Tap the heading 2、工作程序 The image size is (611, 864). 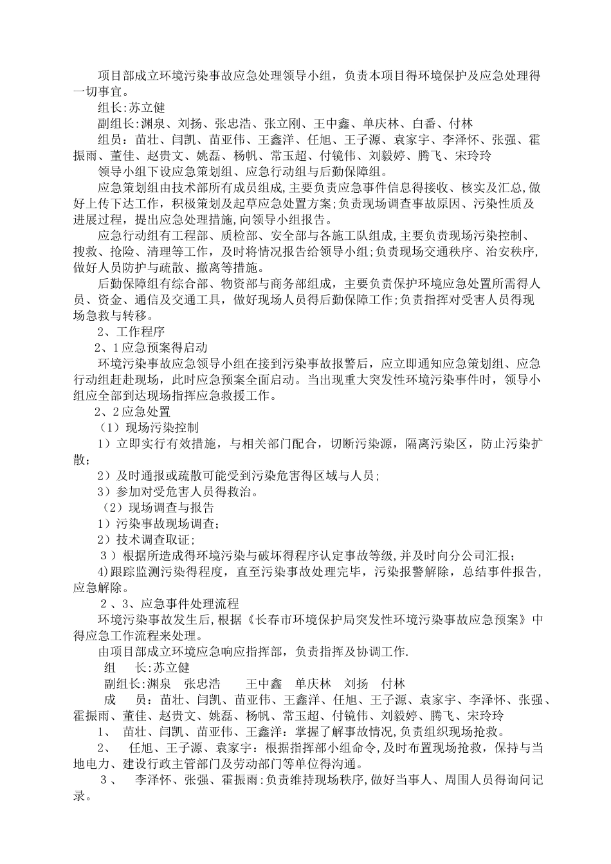point(131,332)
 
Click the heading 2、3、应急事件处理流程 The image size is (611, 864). point(170,604)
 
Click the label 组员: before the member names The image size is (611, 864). point(115,139)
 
